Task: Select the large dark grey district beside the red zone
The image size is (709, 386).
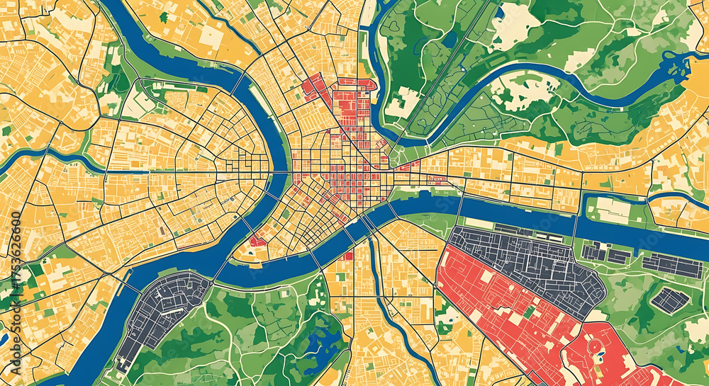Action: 532,262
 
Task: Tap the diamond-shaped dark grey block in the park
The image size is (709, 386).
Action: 669,300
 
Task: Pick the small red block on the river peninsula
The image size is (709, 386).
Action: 257,241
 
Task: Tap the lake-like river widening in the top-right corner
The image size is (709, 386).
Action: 677,67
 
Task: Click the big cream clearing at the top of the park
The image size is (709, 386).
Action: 514,25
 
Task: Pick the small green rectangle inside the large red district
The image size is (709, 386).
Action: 530,312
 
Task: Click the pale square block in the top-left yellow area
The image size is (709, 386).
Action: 211,35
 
